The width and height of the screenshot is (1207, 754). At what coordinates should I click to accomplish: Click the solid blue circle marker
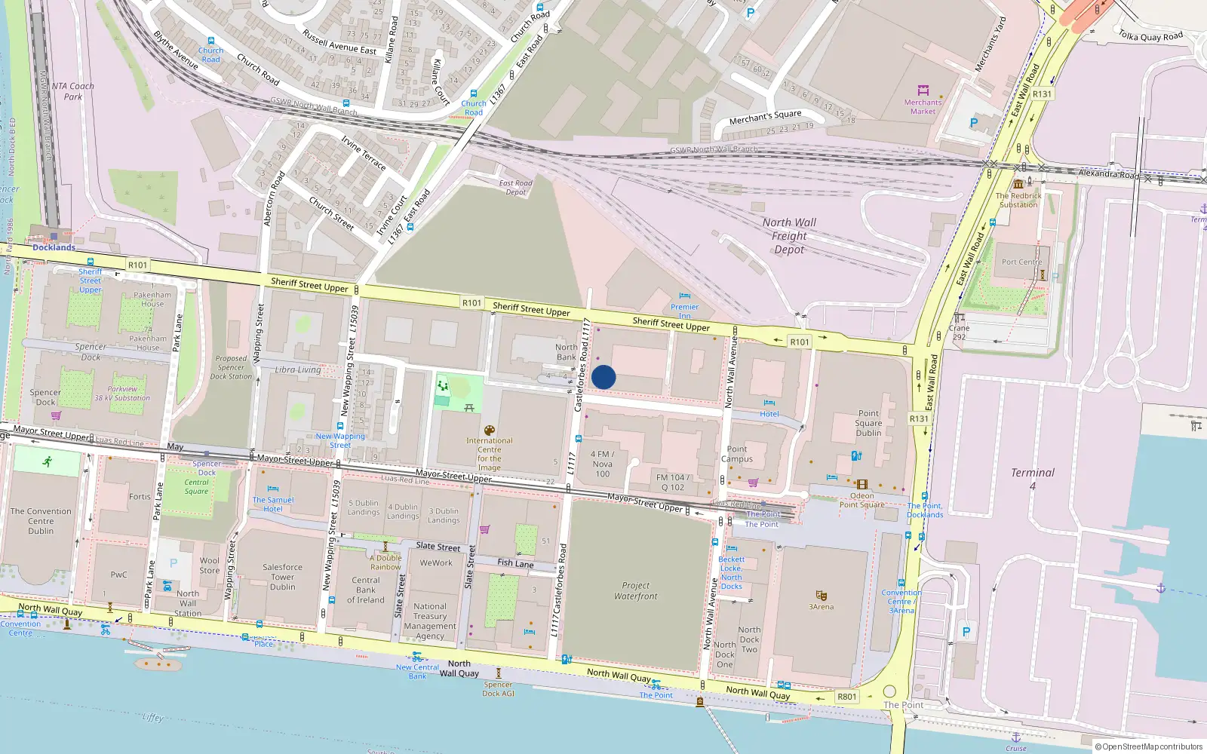603,377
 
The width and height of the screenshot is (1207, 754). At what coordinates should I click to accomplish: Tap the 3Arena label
822,606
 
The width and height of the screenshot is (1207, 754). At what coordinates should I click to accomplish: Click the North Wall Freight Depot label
789,236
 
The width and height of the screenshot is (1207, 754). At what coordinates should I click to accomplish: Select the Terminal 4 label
1033,478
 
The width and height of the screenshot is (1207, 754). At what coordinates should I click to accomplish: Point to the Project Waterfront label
635,590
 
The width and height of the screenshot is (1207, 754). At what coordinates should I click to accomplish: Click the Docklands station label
54,247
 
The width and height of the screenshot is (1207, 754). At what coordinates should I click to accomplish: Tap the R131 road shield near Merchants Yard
1042,94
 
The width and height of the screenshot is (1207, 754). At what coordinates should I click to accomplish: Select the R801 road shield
847,697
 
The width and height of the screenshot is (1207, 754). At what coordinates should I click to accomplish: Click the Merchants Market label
923,106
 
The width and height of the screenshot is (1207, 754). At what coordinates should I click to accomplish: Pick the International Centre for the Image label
489,454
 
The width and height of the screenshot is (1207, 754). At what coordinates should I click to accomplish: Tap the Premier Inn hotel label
684,311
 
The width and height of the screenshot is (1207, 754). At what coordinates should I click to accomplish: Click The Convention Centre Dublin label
41,520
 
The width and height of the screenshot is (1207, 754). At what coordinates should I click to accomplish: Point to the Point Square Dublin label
868,423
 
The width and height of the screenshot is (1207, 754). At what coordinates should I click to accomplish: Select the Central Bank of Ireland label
366,590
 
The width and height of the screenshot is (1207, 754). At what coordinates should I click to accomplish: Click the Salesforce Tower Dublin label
282,577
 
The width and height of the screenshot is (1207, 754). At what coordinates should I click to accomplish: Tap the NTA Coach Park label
73,91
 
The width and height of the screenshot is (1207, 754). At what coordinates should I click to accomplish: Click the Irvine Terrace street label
364,153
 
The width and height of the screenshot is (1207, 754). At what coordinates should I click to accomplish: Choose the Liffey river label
152,717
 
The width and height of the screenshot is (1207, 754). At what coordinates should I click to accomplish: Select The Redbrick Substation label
1018,200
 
